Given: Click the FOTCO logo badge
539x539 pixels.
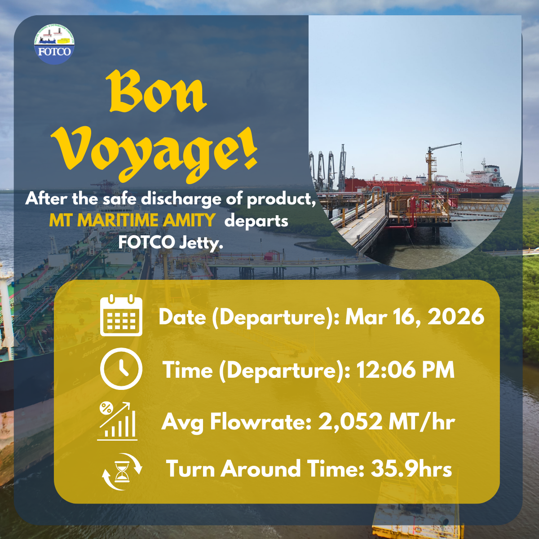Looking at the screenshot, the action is pyautogui.click(x=54, y=44).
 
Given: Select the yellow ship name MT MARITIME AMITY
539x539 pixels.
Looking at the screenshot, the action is pyautogui.click(x=133, y=220).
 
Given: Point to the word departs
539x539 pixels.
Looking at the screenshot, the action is pyautogui.click(x=256, y=221).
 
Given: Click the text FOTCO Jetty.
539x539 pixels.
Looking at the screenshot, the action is pyautogui.click(x=171, y=243).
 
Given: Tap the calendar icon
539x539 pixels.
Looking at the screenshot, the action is pyautogui.click(x=121, y=315).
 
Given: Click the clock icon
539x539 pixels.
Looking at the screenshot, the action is pyautogui.click(x=121, y=369).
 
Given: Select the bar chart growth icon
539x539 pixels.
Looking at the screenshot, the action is pyautogui.click(x=118, y=421).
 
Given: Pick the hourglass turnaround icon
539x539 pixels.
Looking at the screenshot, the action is pyautogui.click(x=122, y=472).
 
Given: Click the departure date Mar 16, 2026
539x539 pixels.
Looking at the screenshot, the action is pyautogui.click(x=415, y=317).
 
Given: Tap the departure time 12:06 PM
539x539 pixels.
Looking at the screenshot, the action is pyautogui.click(x=406, y=370).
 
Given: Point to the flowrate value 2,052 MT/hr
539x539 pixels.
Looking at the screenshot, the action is pyautogui.click(x=387, y=422).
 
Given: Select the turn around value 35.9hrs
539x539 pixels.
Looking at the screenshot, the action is pyautogui.click(x=411, y=469).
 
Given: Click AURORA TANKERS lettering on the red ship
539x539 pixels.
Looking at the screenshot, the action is pyautogui.click(x=451, y=190).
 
